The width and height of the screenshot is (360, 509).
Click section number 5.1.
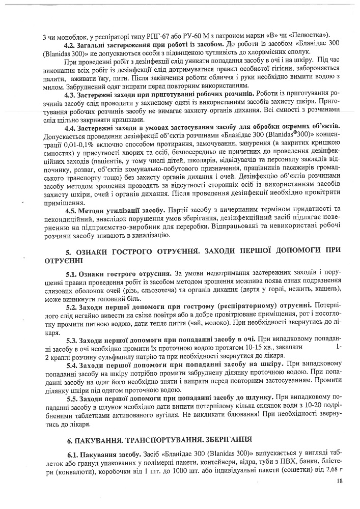(x=73, y=274)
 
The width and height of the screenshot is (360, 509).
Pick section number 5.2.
(x=73, y=307)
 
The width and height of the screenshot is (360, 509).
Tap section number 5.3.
(x=73, y=338)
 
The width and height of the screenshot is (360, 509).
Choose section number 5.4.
(x=73, y=364)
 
